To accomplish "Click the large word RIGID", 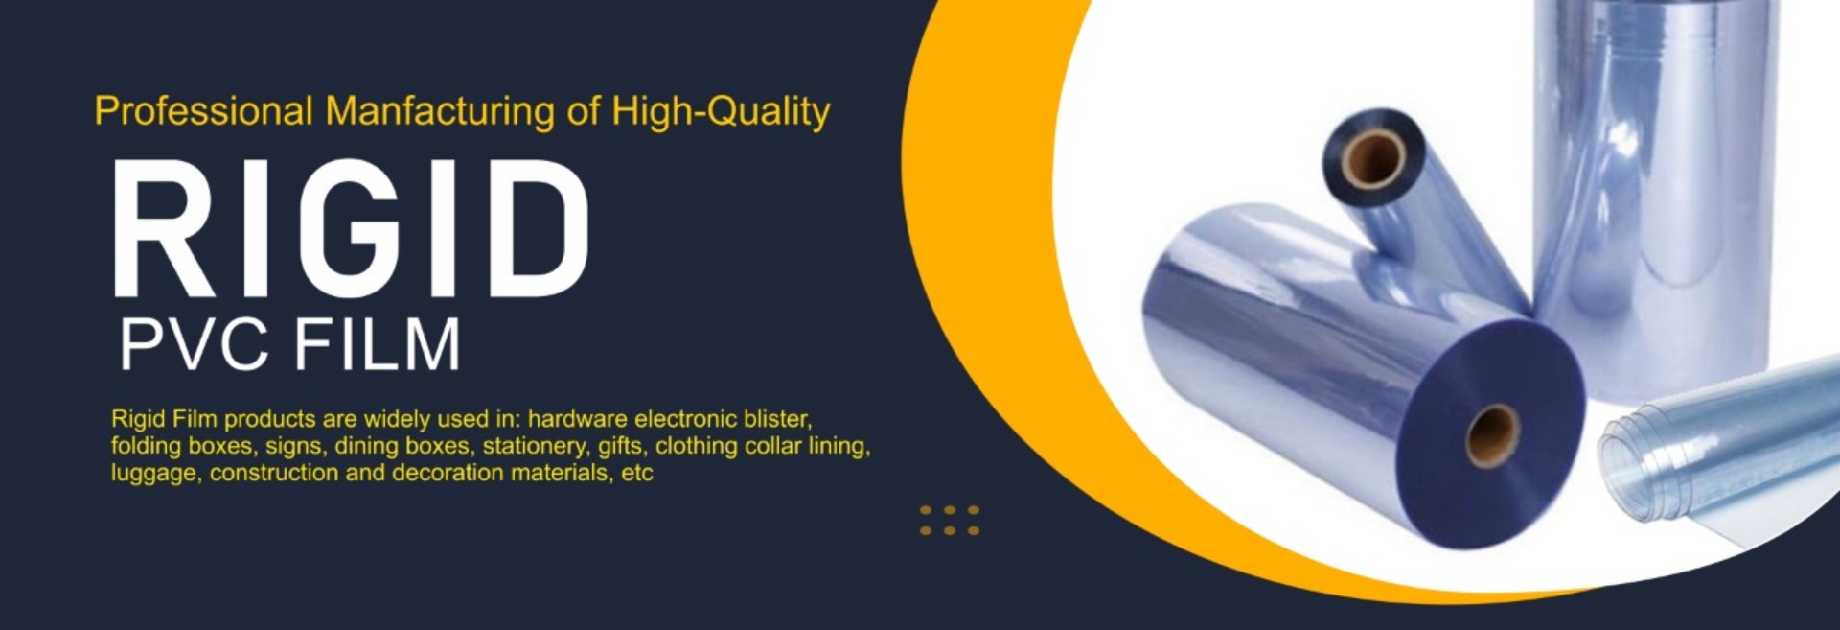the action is [x=352, y=229].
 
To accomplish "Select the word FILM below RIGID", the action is [x=377, y=345].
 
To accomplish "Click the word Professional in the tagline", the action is [x=203, y=111].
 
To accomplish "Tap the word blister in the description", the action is [x=777, y=419].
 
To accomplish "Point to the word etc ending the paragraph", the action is [x=637, y=473].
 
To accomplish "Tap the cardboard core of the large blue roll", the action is [x=1492, y=436].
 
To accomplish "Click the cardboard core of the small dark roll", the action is [x=1372, y=158].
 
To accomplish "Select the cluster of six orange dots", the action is [x=950, y=520].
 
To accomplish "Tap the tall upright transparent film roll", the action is [x=1653, y=192].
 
